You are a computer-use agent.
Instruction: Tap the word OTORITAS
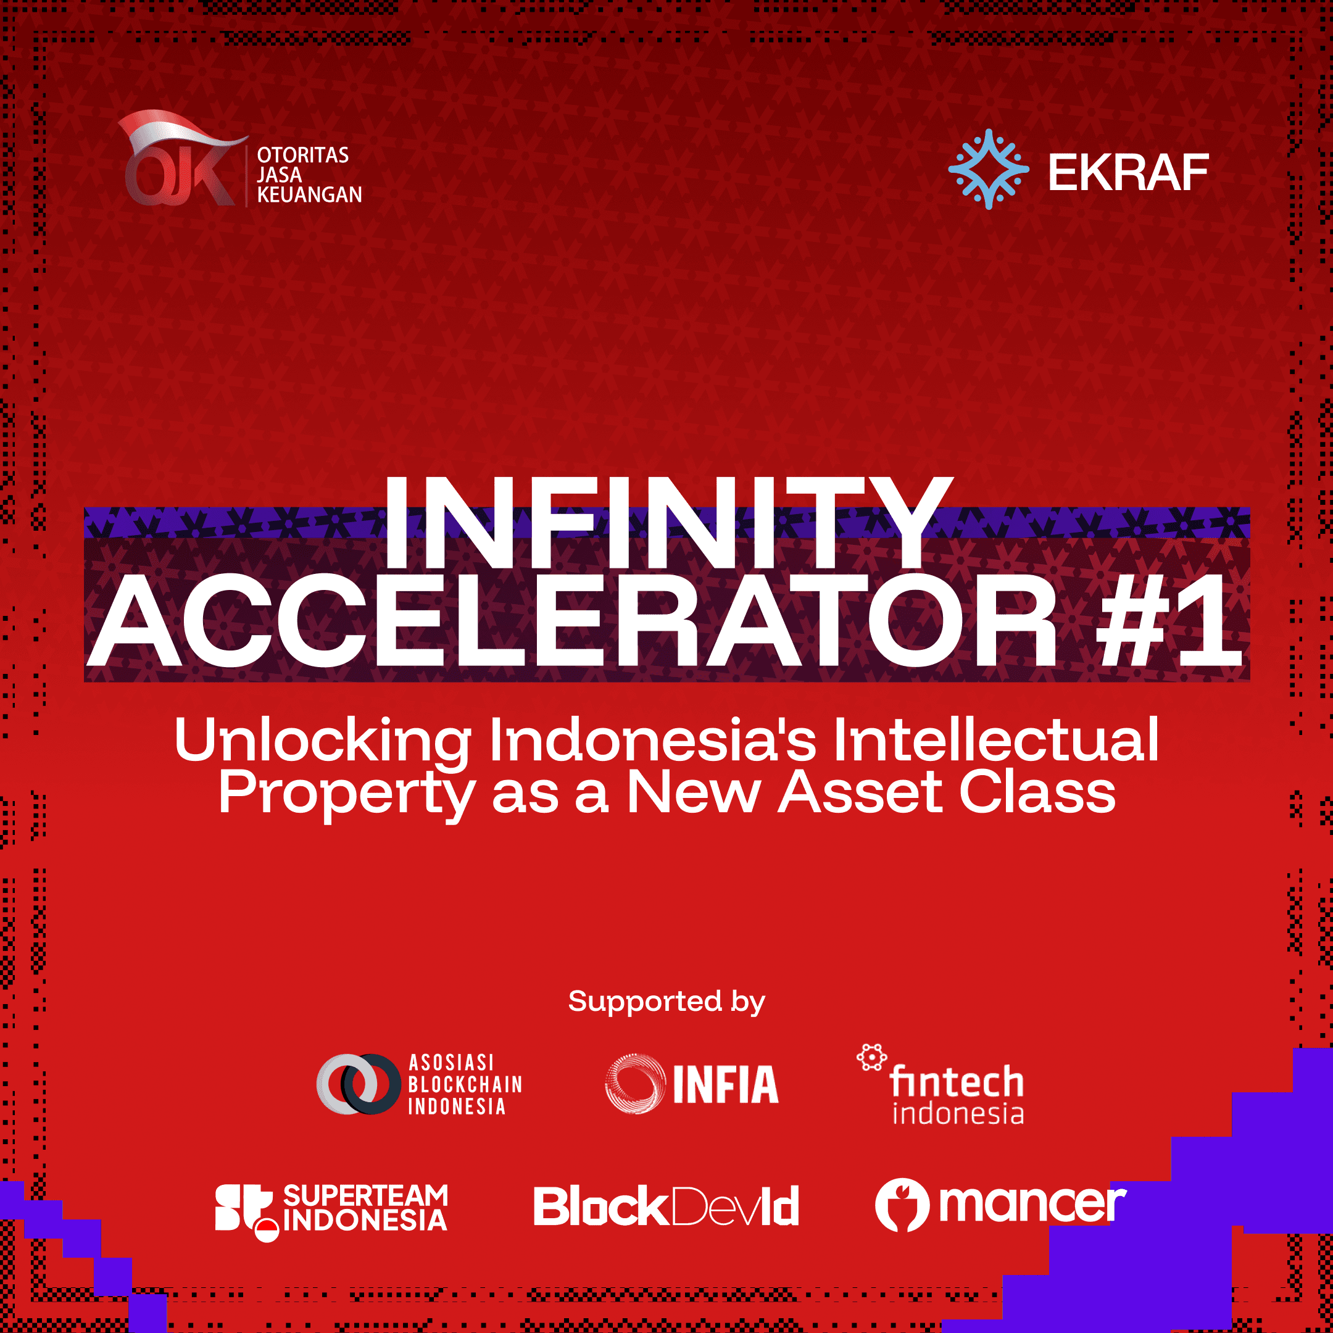[303, 156]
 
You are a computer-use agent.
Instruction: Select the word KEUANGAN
[309, 195]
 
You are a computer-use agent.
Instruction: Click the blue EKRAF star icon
[988, 169]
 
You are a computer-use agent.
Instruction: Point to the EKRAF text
[1128, 173]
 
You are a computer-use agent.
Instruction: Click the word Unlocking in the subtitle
[322, 741]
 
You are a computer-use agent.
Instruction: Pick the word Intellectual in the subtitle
[995, 741]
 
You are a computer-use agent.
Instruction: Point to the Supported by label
[666, 1002]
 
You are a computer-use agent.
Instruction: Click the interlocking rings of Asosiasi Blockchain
[358, 1084]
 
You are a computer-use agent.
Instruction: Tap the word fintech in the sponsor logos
[957, 1081]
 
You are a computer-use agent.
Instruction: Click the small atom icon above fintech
[872, 1057]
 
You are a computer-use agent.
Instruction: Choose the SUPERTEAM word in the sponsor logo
[366, 1195]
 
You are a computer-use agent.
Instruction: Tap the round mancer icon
[902, 1205]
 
